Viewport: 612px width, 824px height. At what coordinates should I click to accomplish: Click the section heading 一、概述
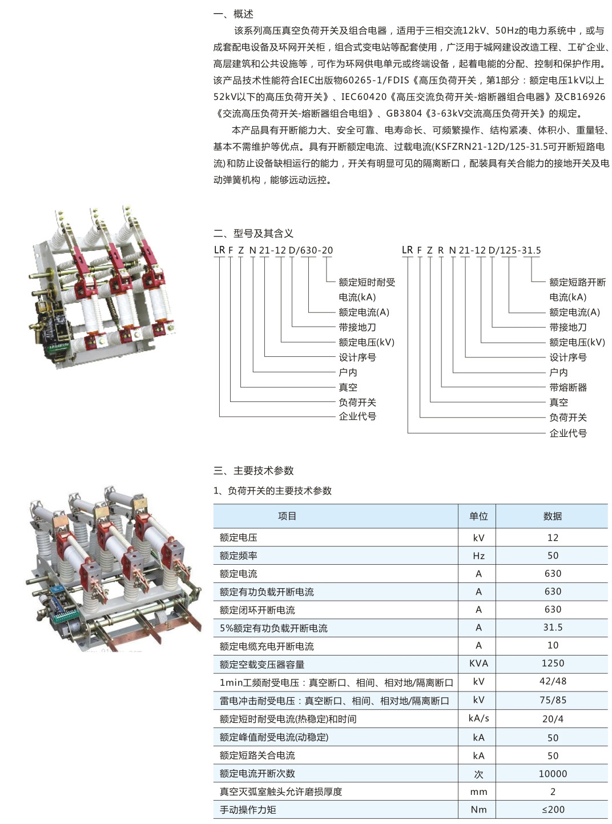[x=233, y=14]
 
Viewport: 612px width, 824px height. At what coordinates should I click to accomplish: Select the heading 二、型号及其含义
[x=253, y=234]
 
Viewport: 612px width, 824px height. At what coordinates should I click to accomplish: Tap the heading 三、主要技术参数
[x=253, y=471]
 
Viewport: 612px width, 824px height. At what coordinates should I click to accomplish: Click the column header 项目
[x=287, y=516]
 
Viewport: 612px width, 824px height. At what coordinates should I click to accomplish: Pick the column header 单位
[x=478, y=516]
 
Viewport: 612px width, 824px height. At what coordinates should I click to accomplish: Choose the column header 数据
[x=553, y=516]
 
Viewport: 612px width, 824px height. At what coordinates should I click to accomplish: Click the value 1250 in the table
[x=553, y=663]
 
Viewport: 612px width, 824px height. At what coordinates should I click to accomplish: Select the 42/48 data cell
[x=553, y=681]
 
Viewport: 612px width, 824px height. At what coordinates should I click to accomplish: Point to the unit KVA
[x=478, y=663]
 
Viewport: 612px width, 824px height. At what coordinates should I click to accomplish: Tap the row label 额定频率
[x=238, y=556]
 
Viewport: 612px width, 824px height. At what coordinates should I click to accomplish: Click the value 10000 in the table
[x=553, y=774]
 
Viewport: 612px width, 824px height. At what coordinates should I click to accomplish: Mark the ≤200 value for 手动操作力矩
[x=553, y=810]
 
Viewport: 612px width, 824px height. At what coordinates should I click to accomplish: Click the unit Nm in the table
[x=478, y=810]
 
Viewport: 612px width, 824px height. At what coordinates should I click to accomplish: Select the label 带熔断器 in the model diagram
[x=568, y=388]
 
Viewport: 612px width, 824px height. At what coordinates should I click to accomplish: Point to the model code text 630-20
[x=316, y=250]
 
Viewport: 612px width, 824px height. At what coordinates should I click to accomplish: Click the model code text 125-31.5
[x=520, y=250]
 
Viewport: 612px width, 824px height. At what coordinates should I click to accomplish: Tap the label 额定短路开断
[x=577, y=282]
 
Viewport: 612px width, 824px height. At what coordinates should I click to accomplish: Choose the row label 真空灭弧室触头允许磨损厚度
[x=280, y=791]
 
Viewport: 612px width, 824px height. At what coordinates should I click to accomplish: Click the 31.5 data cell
[x=553, y=627]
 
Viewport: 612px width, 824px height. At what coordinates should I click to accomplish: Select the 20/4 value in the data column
[x=553, y=719]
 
